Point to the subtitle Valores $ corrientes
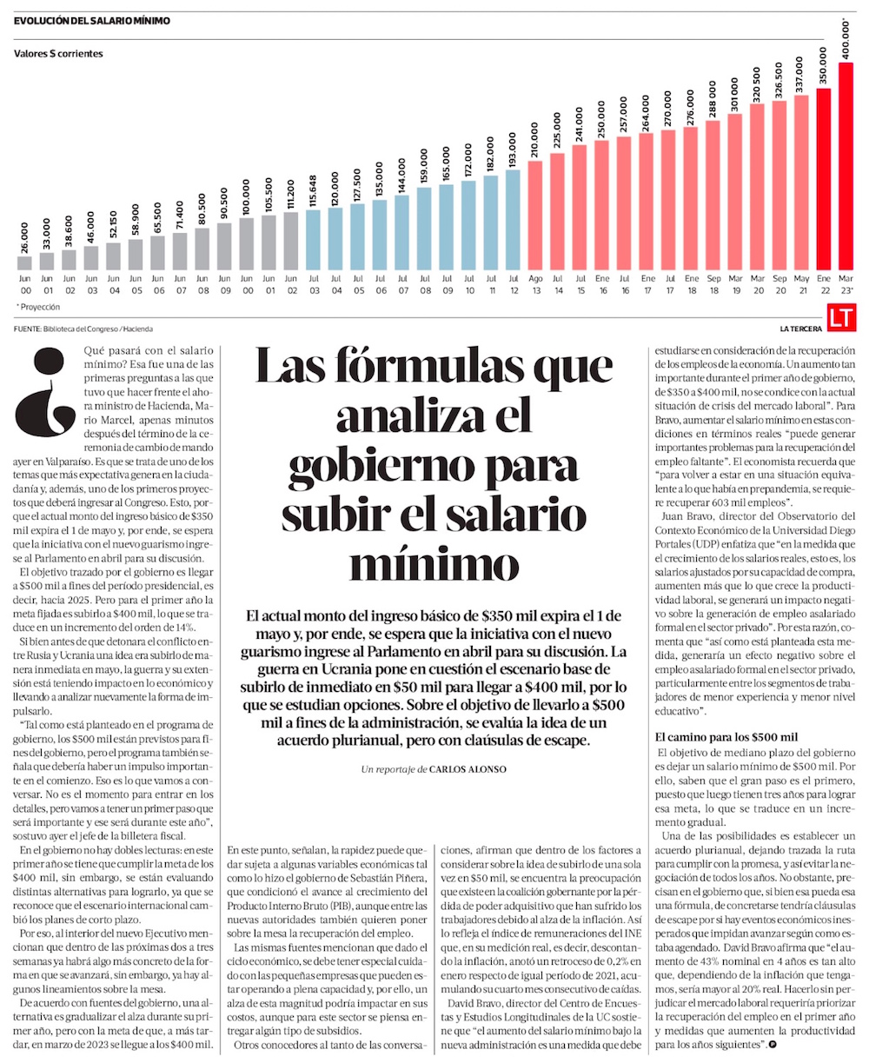tap(58, 54)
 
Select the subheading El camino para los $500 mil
tap(732, 737)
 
